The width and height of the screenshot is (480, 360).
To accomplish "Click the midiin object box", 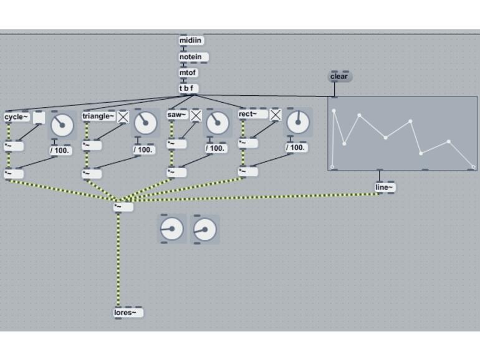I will click(191, 40).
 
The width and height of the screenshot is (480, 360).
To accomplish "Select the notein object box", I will click(193, 57).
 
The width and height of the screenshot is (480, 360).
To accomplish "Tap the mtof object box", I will click(188, 73).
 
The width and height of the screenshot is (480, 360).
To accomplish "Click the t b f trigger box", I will click(188, 88).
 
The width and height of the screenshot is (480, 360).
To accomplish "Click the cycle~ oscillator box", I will click(17, 117).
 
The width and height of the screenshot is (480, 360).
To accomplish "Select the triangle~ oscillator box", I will click(98, 116).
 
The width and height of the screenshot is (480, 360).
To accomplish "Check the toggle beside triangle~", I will click(123, 117).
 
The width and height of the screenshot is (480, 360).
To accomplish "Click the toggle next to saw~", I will click(196, 115).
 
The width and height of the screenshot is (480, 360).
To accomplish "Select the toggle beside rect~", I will click(275, 115).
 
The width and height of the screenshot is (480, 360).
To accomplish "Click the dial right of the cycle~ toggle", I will click(62, 125).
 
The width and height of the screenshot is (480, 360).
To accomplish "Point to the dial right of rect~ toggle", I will click(298, 122).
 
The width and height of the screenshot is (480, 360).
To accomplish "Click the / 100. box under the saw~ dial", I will click(216, 148).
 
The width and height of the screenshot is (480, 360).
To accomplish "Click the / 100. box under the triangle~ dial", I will click(144, 150).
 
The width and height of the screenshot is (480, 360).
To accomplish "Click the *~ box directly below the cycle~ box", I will click(14, 146).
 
